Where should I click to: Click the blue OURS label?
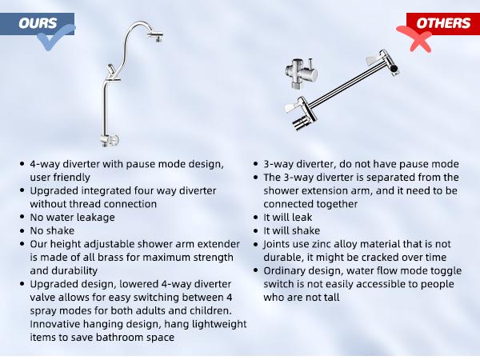tap(39, 22)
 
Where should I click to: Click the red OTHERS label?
tap(442, 22)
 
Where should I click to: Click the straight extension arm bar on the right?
tap(344, 84)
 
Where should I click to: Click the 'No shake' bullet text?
tap(54, 230)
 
